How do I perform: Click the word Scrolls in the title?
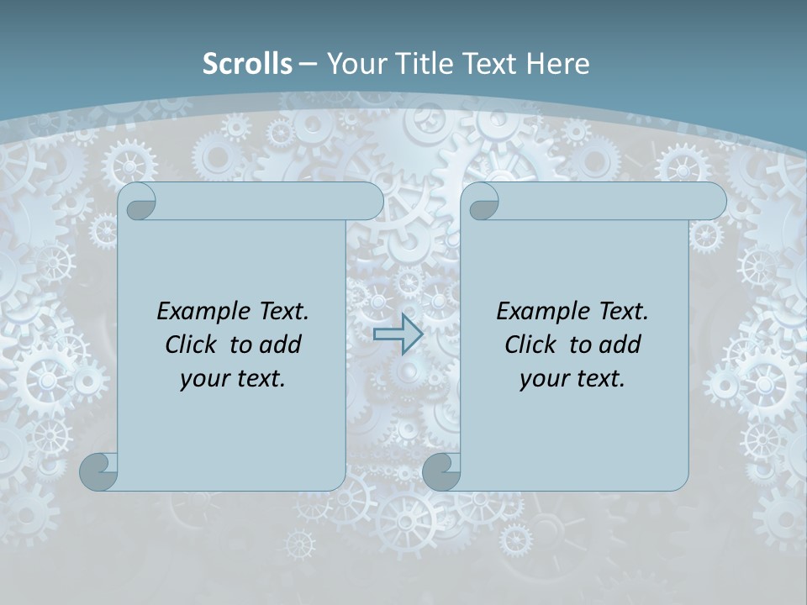247,64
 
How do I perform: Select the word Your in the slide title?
354,64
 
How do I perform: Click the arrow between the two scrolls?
398,334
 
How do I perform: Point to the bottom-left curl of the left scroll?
98,471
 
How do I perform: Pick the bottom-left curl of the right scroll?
440,471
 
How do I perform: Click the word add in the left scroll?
282,345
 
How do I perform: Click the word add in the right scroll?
621,345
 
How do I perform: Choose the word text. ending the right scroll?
599,379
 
